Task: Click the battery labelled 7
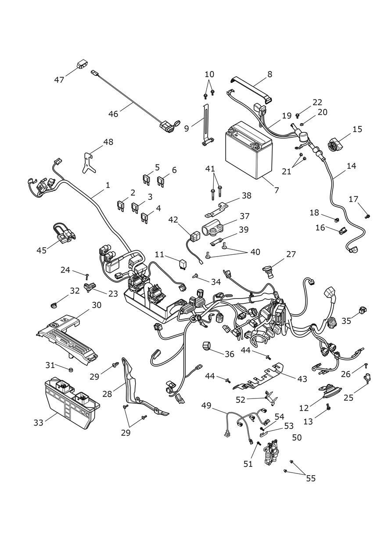point(248,150)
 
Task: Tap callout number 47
point(59,80)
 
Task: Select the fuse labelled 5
point(147,180)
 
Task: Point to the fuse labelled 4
point(145,218)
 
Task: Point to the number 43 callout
point(302,379)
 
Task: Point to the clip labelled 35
point(362,310)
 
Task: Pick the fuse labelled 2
point(121,206)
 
